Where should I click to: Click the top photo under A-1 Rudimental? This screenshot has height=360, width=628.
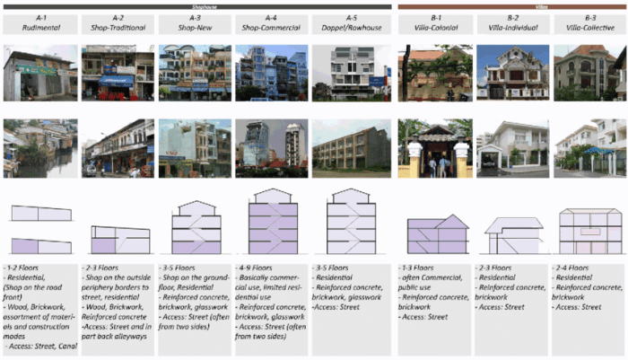(x=39, y=74)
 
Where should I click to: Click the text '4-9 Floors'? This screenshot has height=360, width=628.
(x=257, y=268)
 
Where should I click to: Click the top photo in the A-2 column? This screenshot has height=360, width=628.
(x=118, y=74)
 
